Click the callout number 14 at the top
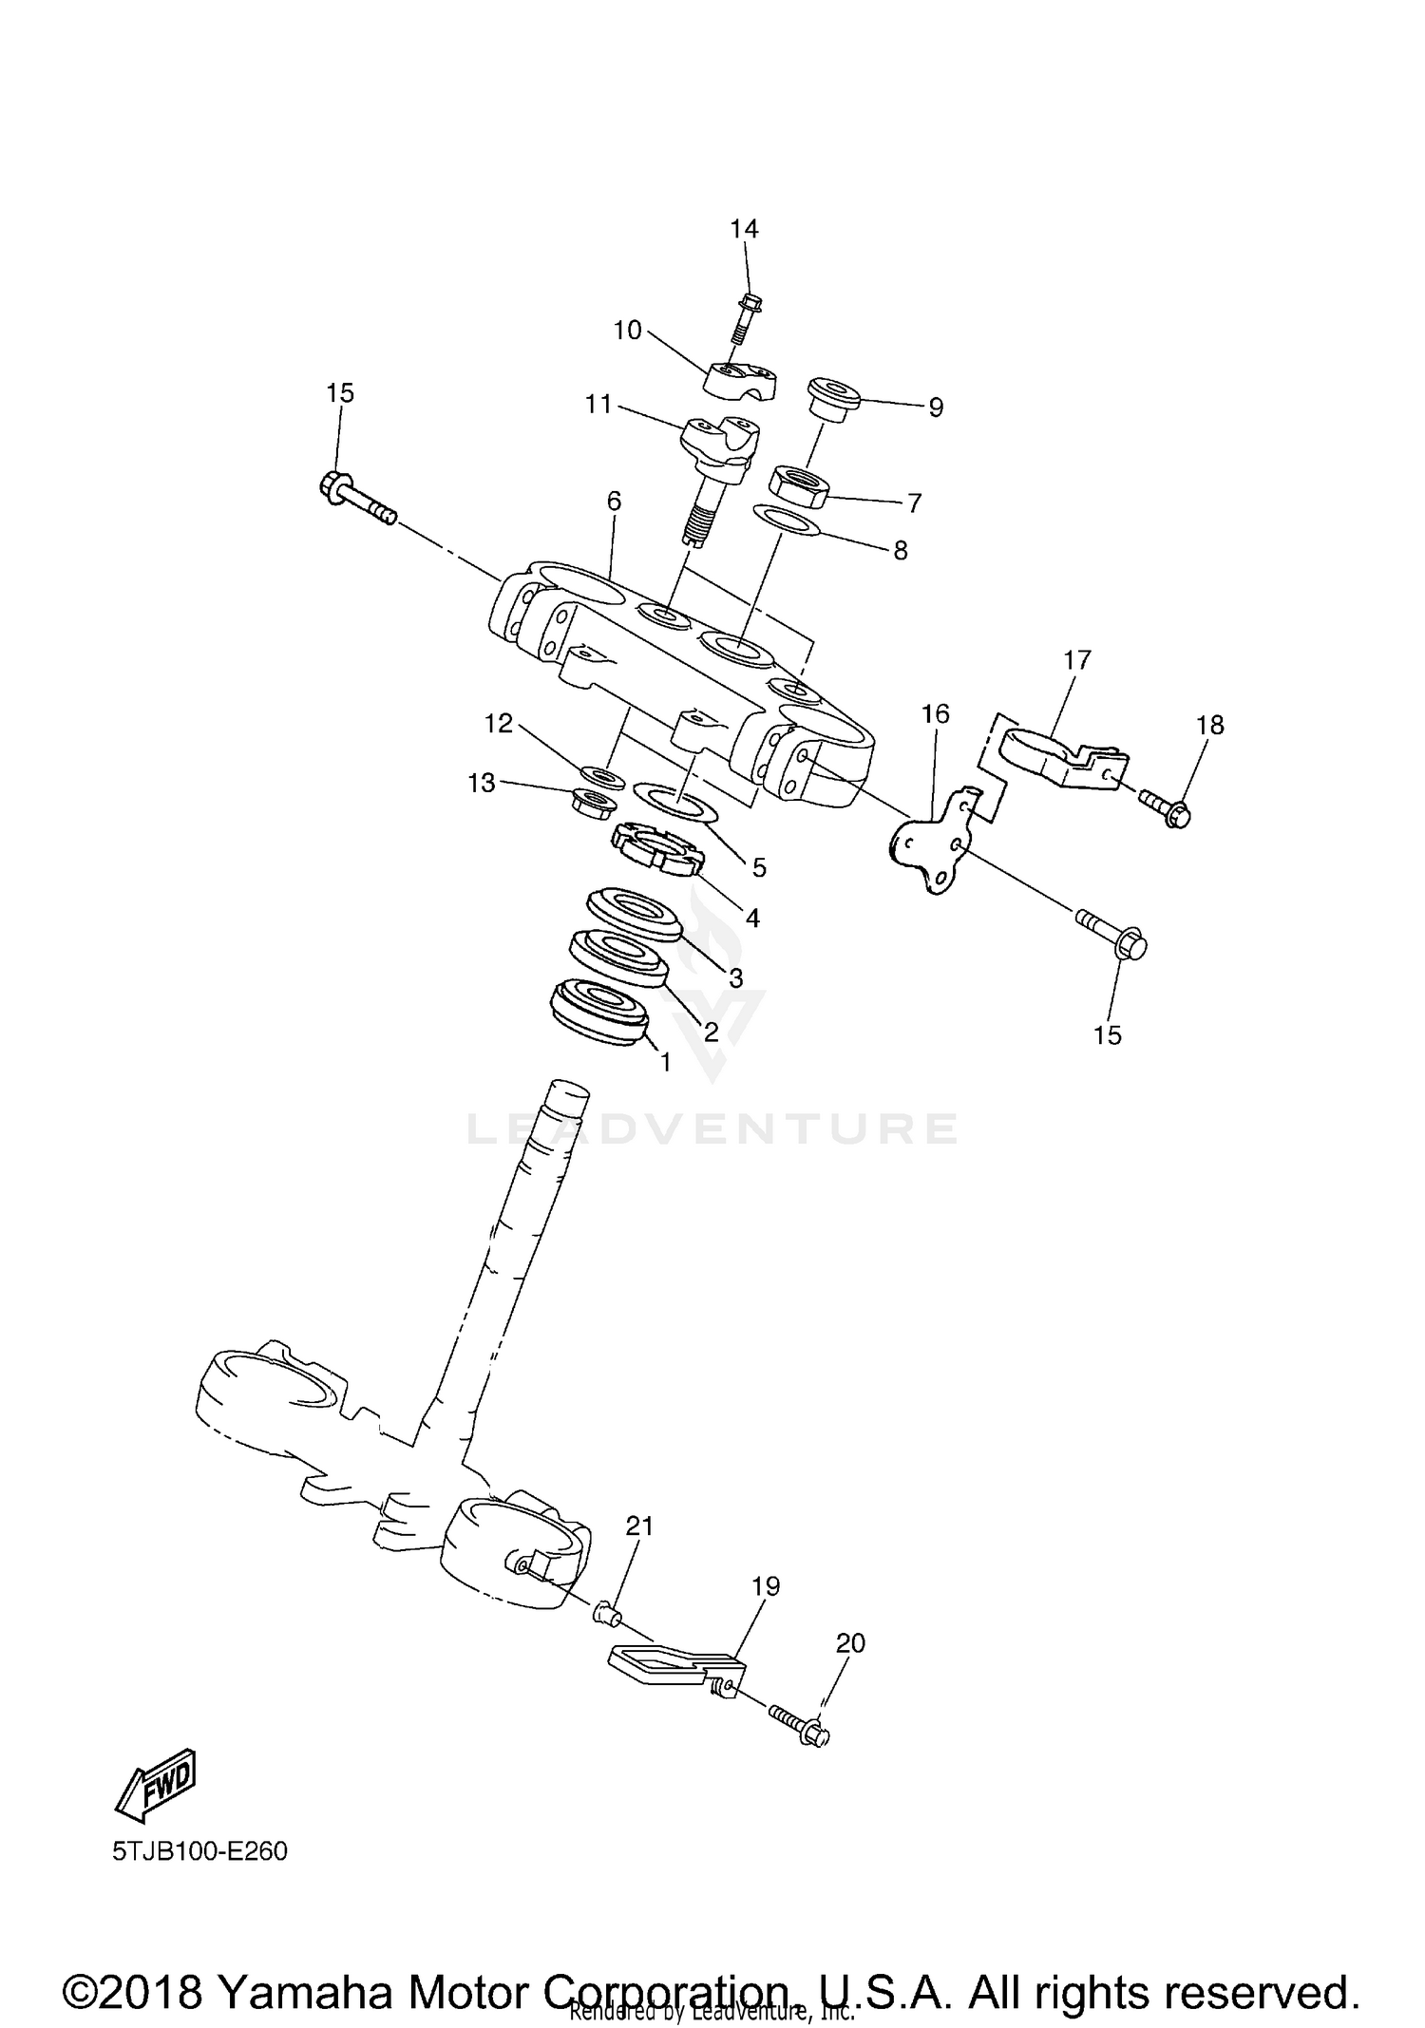click(x=744, y=229)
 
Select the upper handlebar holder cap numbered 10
click(x=742, y=377)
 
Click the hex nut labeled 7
click(x=797, y=484)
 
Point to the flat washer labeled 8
click(x=787, y=520)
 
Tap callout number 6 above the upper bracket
click(x=614, y=501)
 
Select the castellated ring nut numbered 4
click(x=656, y=847)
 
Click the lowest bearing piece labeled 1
click(x=599, y=1014)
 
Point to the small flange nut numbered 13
click(x=594, y=801)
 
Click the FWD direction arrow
click(x=157, y=1786)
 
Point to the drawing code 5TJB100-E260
click(x=199, y=1851)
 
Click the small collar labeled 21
click(x=609, y=1612)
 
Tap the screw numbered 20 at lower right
click(x=799, y=1729)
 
